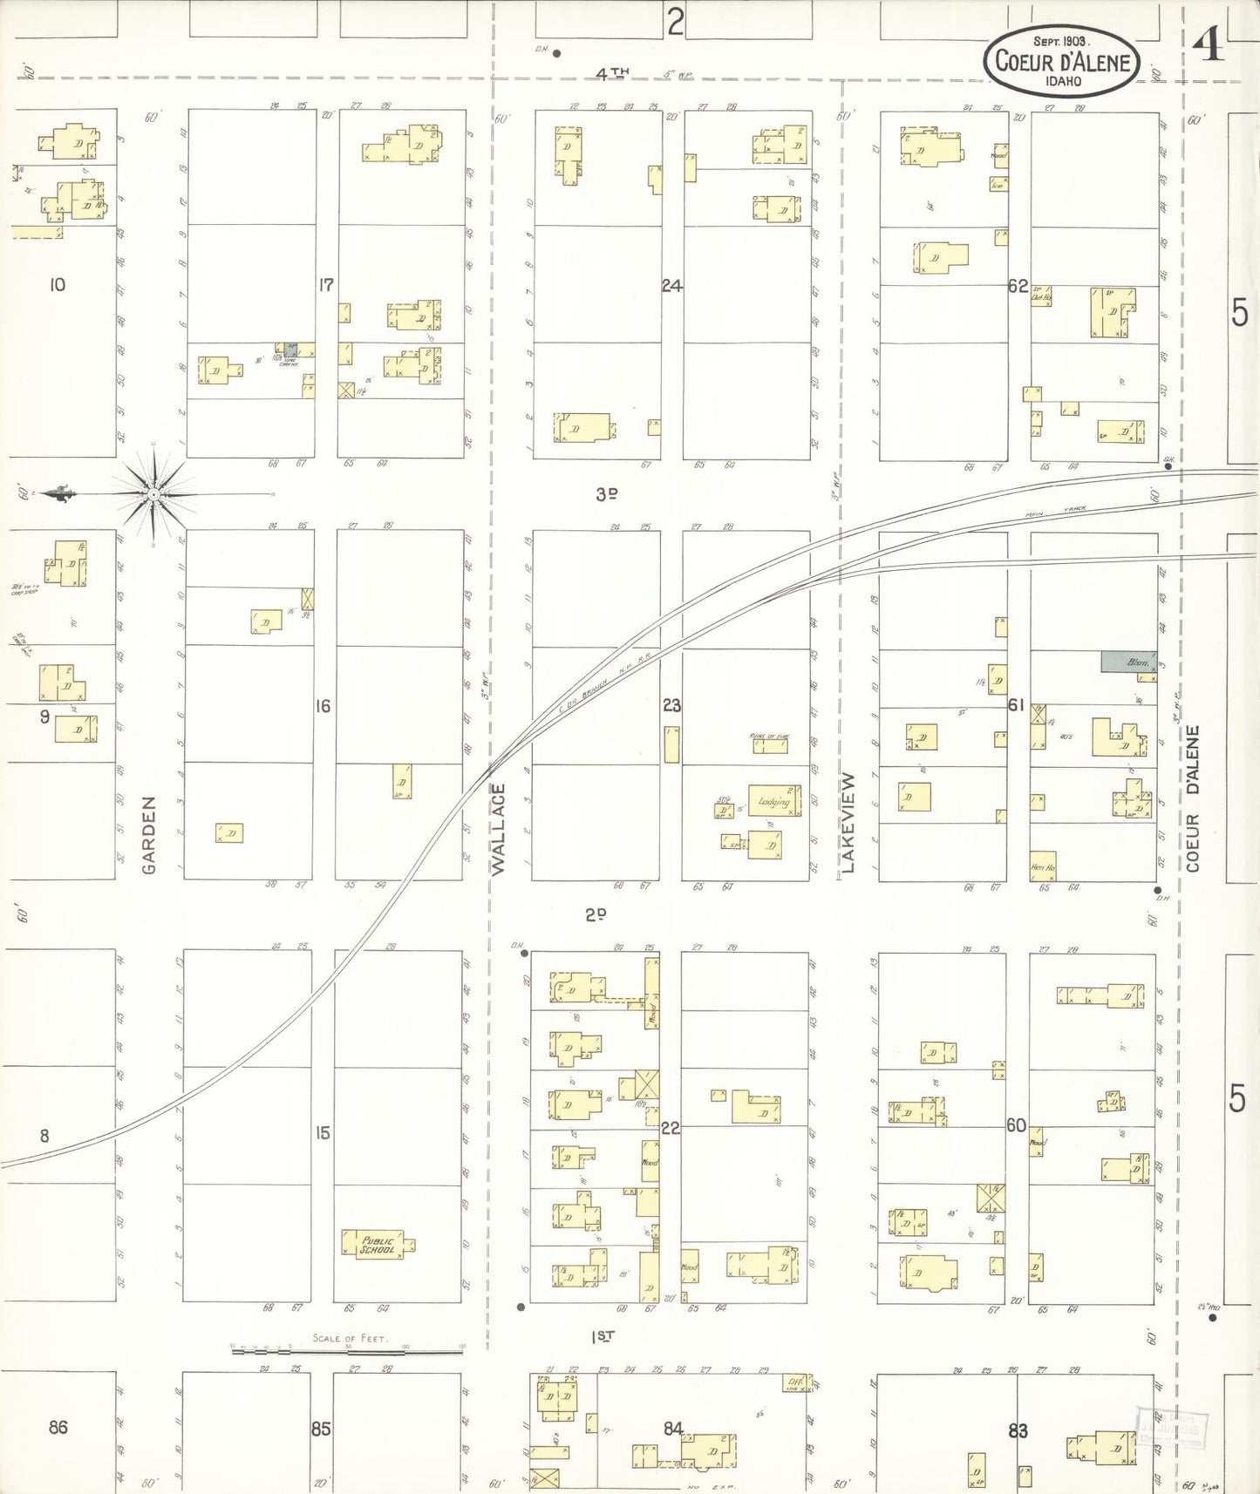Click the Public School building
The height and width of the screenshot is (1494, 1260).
(x=378, y=1244)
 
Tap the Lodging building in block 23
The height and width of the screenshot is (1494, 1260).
(x=773, y=800)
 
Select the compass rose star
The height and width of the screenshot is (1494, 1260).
(x=153, y=494)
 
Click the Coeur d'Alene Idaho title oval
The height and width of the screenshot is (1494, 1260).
(x=1061, y=61)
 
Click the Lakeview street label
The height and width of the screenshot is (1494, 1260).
(x=848, y=822)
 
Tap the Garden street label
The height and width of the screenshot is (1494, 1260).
(x=149, y=835)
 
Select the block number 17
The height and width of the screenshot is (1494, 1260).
(x=325, y=284)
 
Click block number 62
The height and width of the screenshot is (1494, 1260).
(x=1018, y=285)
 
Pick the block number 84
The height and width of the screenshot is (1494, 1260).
(x=673, y=1428)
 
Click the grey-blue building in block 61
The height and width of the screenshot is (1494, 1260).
(x=1127, y=662)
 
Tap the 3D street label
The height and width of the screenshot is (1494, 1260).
(x=607, y=494)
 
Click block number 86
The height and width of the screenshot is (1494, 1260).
(x=58, y=1427)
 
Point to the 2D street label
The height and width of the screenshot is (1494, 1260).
(x=596, y=914)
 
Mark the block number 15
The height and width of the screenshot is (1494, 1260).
(x=323, y=1133)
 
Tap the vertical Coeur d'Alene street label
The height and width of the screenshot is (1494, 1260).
(x=1193, y=798)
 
